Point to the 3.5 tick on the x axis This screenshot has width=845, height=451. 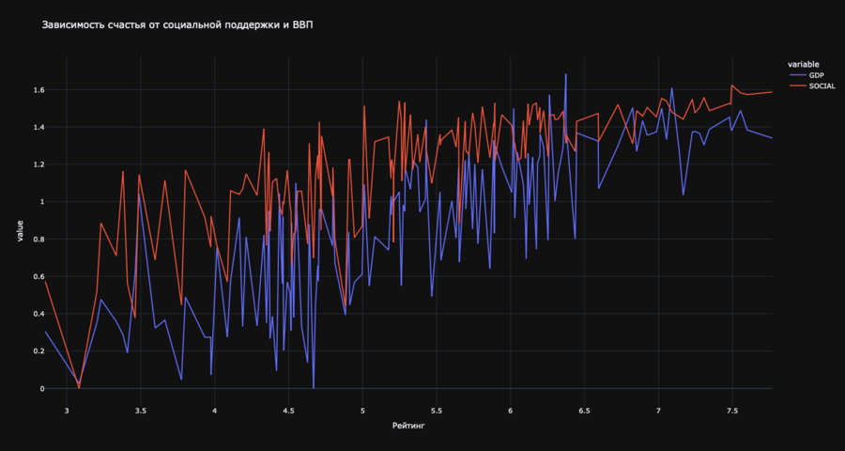(141, 411)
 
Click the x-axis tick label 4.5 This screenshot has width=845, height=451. (288, 411)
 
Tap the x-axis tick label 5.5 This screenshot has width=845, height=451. (437, 411)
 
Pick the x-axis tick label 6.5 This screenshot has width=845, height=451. (585, 411)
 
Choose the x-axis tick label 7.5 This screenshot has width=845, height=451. (732, 411)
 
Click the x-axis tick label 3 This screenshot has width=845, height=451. (67, 411)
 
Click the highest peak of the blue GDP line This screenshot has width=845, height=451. (565, 74)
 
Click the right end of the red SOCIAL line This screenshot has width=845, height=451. (772, 92)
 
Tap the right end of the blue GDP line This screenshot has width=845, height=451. (772, 138)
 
